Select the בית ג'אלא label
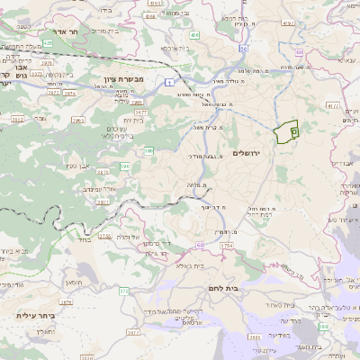(x=190, y=265)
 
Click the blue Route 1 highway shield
(x=168, y=82)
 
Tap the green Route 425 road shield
(x=47, y=42)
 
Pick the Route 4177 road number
(x=333, y=105)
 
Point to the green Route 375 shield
(x=124, y=292)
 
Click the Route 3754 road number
(x=225, y=245)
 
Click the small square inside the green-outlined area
(x=296, y=130)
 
